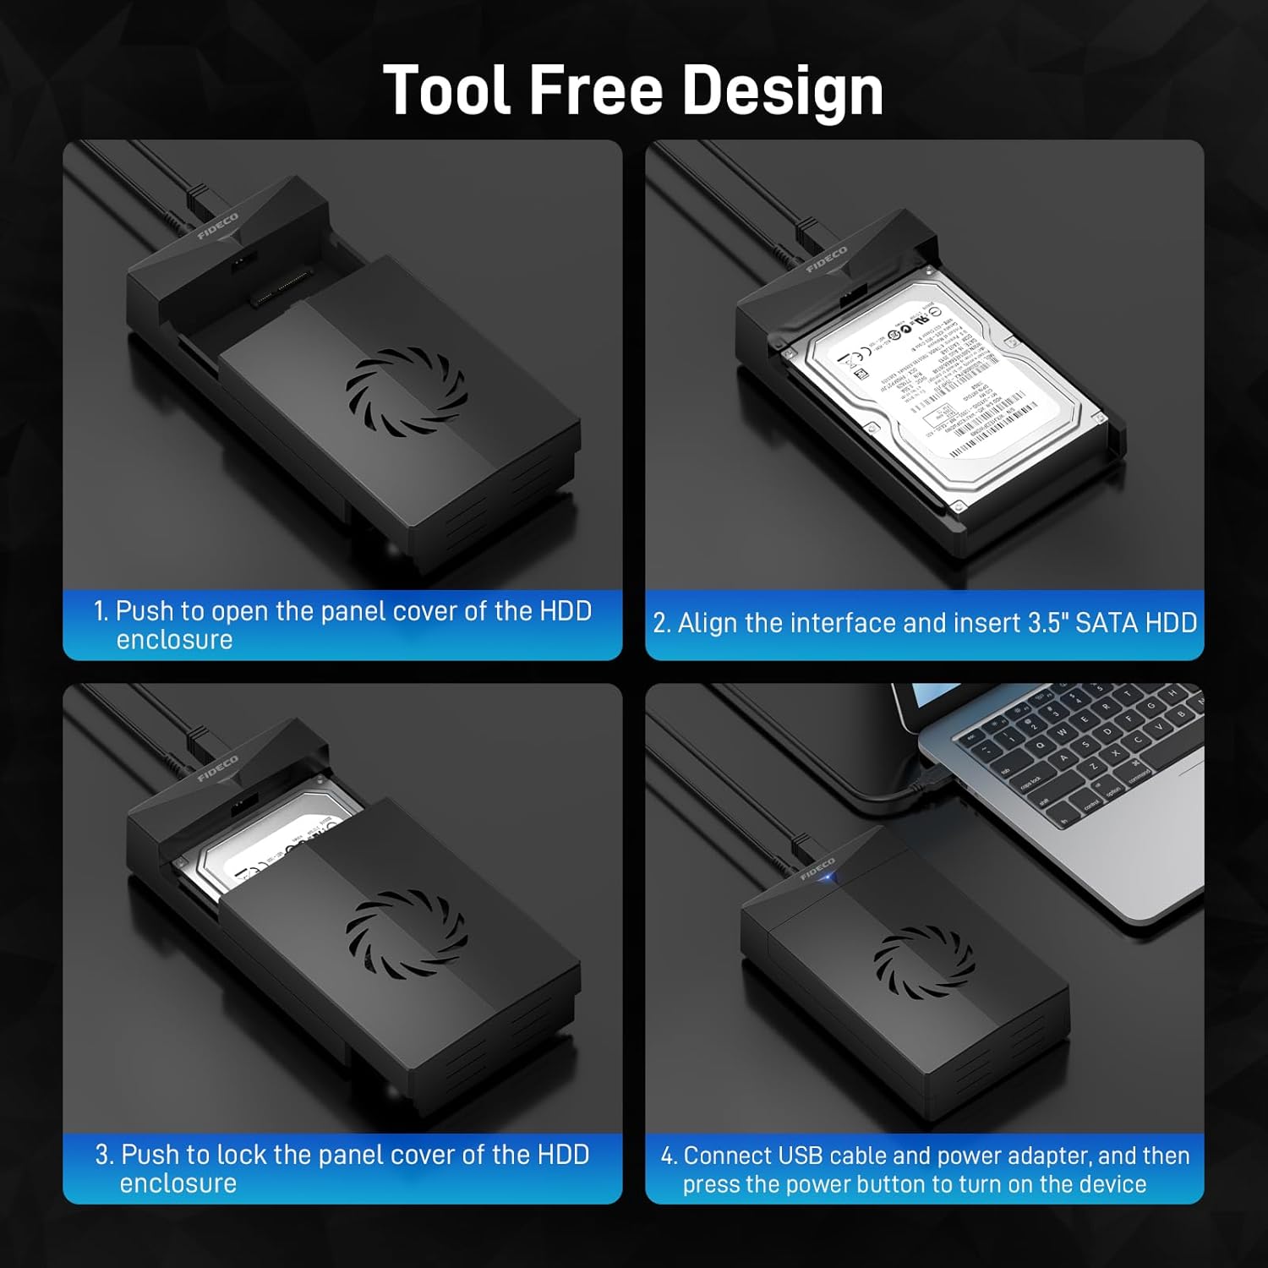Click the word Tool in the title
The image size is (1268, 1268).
pyautogui.click(x=447, y=90)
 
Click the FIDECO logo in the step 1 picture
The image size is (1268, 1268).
pyautogui.click(x=218, y=227)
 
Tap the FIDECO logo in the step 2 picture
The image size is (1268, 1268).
pyautogui.click(x=826, y=260)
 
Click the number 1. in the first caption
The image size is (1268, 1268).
pyautogui.click(x=101, y=611)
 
